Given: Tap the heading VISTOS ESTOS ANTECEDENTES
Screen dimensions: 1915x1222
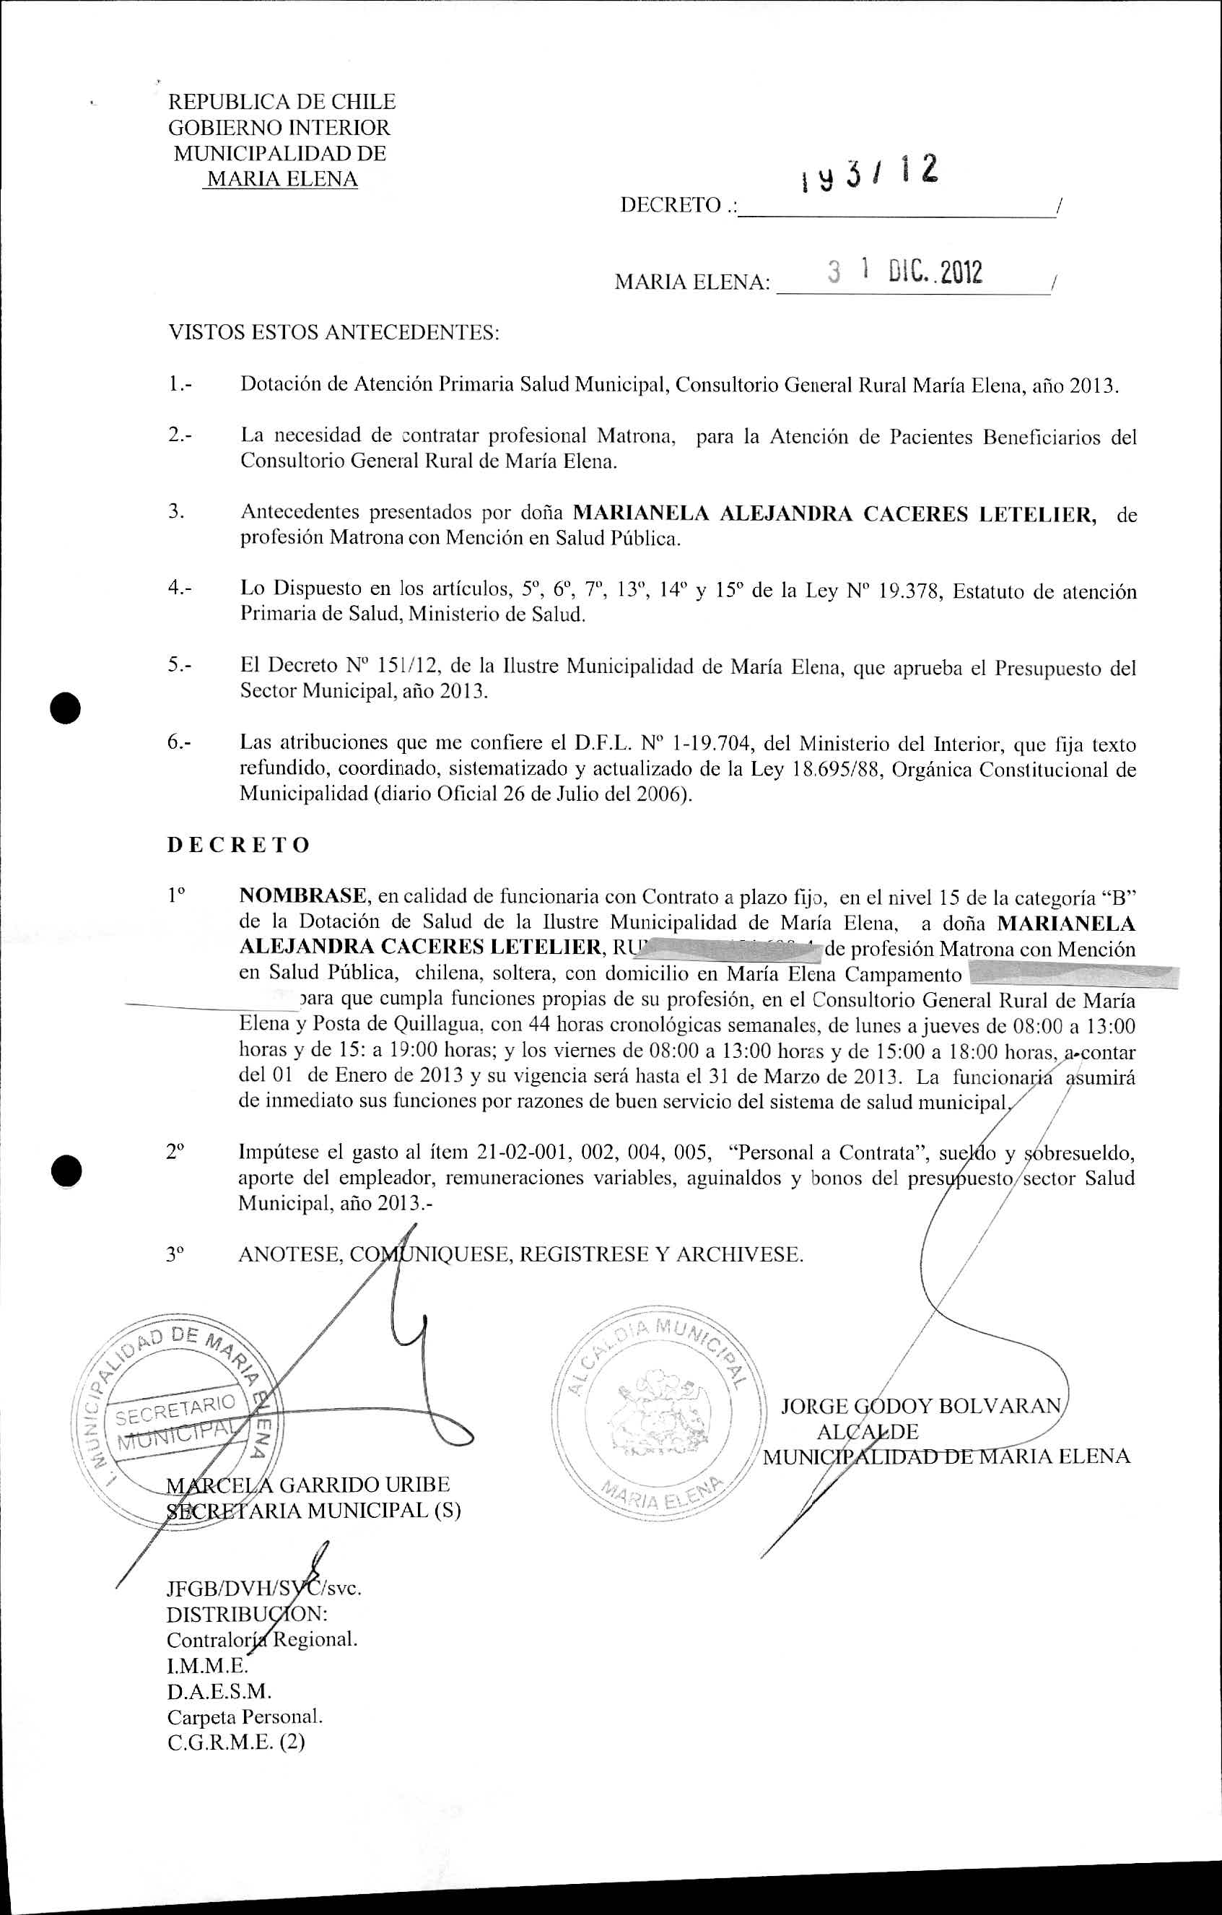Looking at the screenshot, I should [333, 332].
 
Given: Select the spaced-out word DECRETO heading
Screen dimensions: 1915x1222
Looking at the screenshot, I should [237, 845].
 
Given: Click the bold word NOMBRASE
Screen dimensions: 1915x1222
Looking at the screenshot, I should [304, 896].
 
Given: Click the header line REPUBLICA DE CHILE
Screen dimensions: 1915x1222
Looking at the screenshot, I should [282, 102].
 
